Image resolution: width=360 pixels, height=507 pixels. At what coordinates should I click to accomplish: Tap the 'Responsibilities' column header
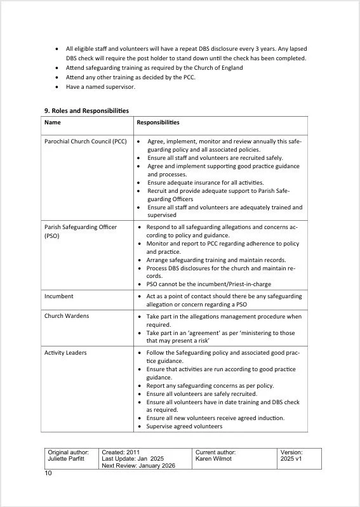coord(158,122)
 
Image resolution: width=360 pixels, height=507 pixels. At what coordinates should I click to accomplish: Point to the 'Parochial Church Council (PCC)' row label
coord(86,142)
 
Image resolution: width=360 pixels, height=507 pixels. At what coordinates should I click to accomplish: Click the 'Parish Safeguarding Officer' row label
coord(80,227)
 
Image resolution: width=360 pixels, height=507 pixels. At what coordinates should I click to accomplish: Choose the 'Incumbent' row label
coord(58,296)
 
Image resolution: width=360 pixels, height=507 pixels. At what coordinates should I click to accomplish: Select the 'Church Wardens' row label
coord(67,316)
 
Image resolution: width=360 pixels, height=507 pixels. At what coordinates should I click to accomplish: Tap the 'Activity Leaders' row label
coord(65,353)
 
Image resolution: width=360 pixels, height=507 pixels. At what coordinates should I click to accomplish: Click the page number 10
coord(49,473)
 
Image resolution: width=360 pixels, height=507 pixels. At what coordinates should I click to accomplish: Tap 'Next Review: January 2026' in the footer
coord(137,466)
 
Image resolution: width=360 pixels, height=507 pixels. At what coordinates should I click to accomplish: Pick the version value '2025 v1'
coord(291,459)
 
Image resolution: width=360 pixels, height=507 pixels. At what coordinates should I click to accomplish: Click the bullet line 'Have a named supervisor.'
coord(100,87)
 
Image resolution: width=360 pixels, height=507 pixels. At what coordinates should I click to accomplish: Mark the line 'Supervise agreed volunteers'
coord(184,426)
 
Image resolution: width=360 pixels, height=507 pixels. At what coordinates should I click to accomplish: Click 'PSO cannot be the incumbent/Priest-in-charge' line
coord(208,285)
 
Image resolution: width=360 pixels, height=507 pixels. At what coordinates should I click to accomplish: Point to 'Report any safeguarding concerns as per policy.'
coord(210,385)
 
